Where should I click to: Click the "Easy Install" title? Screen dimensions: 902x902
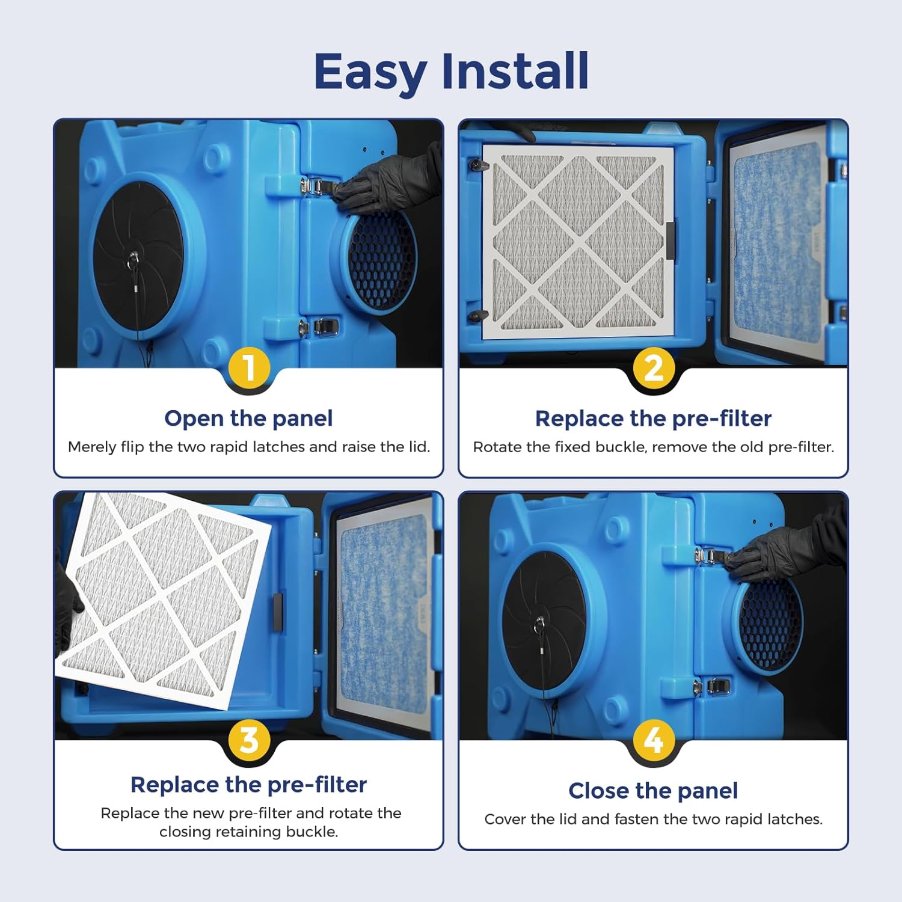click(451, 71)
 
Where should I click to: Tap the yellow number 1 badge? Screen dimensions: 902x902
click(249, 367)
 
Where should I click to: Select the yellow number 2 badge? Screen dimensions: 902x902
click(653, 367)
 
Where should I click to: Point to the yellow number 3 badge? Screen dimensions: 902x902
click(249, 739)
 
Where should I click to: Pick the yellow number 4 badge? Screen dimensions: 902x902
click(653, 739)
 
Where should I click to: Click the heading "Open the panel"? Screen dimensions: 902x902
click(248, 419)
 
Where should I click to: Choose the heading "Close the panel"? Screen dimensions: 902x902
click(653, 791)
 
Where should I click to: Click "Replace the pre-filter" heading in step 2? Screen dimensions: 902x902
click(653, 419)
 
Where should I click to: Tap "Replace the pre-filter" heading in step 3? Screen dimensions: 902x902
click(248, 785)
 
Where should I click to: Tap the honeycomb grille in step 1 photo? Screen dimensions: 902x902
click(382, 259)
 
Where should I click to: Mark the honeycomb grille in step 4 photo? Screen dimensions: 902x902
click(770, 625)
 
